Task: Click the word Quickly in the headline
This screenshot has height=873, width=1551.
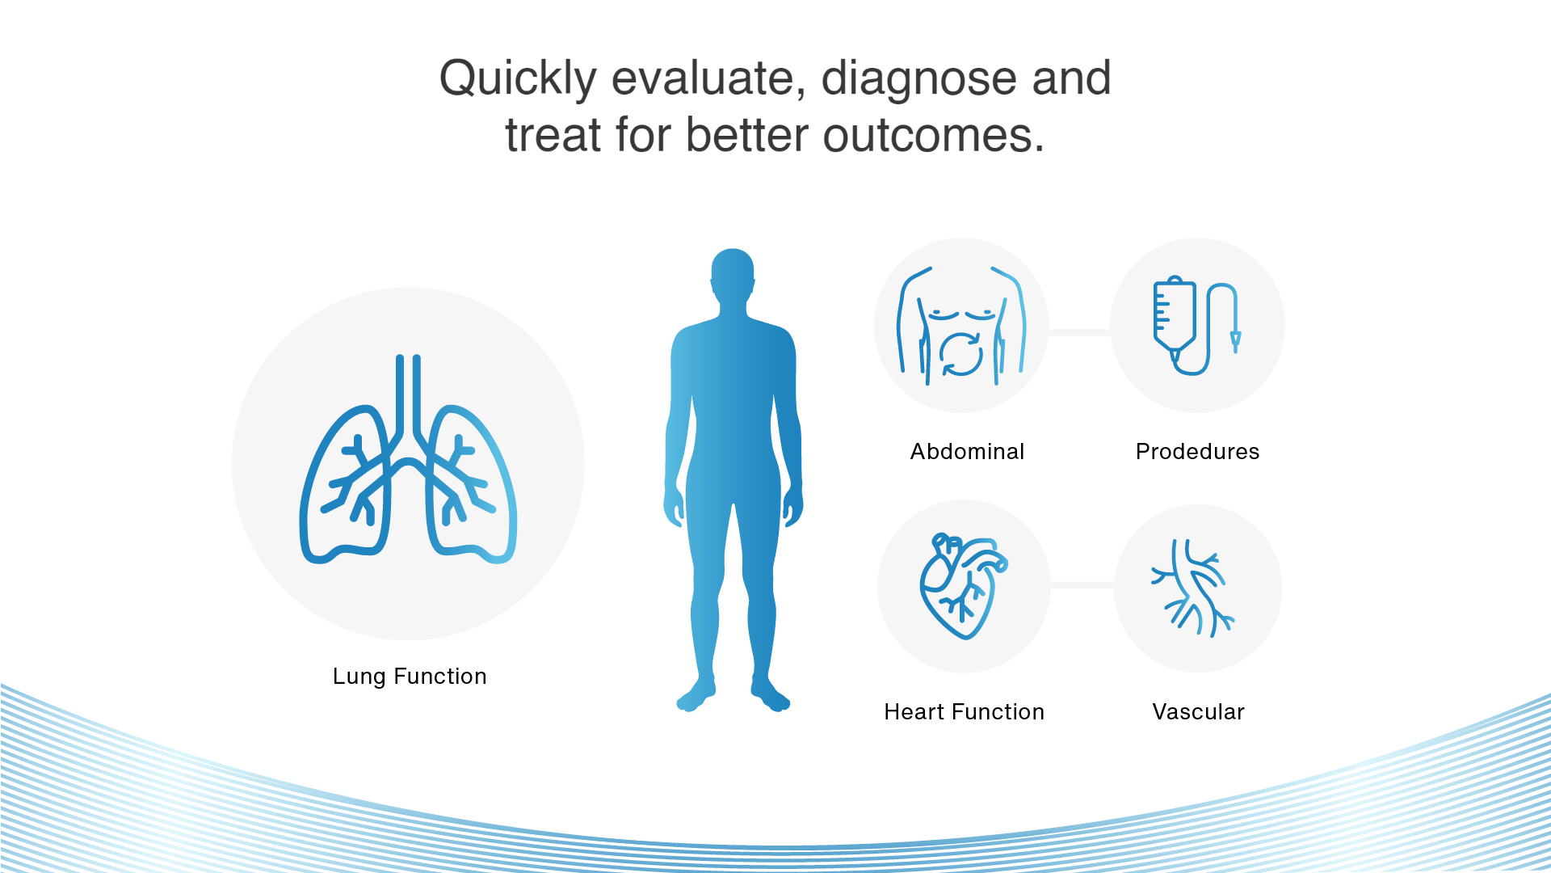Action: pos(518,79)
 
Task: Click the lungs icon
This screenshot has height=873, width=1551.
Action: pos(408,459)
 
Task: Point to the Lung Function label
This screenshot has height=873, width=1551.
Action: pos(410,676)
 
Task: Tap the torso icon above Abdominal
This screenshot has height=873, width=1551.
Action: pos(961,325)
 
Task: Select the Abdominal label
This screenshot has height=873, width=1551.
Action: pos(967,451)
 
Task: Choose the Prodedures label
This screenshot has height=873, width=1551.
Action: pos(1197,451)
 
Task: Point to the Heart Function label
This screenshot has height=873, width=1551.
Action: pos(964,711)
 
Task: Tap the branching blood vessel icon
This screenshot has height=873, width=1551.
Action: pos(1193,588)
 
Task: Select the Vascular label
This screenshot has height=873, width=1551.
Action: pos(1198,711)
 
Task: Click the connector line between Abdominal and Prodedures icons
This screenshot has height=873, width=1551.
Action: pos(1079,331)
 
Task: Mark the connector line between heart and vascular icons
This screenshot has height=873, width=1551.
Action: pos(1082,584)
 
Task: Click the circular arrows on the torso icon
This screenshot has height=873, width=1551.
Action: pos(960,355)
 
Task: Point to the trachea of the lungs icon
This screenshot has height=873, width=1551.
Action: pos(408,396)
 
